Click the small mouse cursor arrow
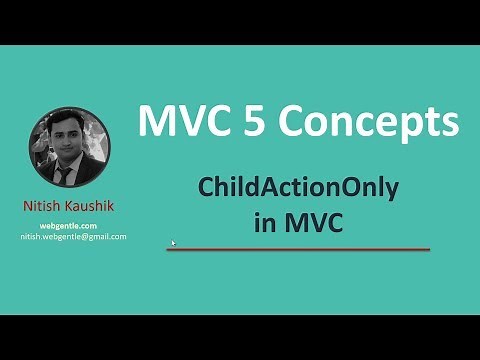173,242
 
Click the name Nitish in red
43,206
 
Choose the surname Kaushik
90,206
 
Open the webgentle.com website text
69,226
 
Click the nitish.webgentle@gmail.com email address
73,237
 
